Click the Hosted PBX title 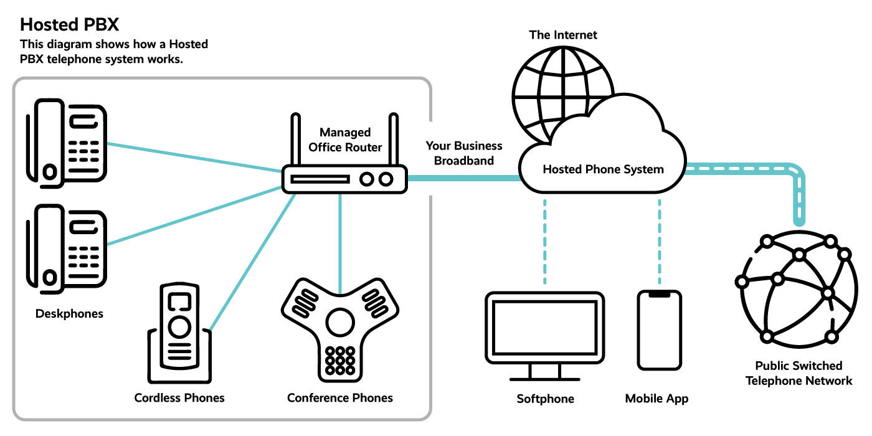tap(69, 24)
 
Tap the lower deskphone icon tap(65, 249)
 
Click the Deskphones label tap(69, 313)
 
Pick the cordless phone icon tap(179, 327)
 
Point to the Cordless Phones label tap(179, 397)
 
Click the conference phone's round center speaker tap(340, 321)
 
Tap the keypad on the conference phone tap(340, 359)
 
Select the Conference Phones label tap(340, 397)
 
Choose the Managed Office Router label tap(344, 140)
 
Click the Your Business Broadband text tap(463, 153)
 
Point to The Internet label tap(563, 35)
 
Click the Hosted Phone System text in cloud tap(603, 169)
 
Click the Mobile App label tap(657, 399)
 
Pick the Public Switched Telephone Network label tap(799, 373)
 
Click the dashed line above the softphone tap(545, 240)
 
